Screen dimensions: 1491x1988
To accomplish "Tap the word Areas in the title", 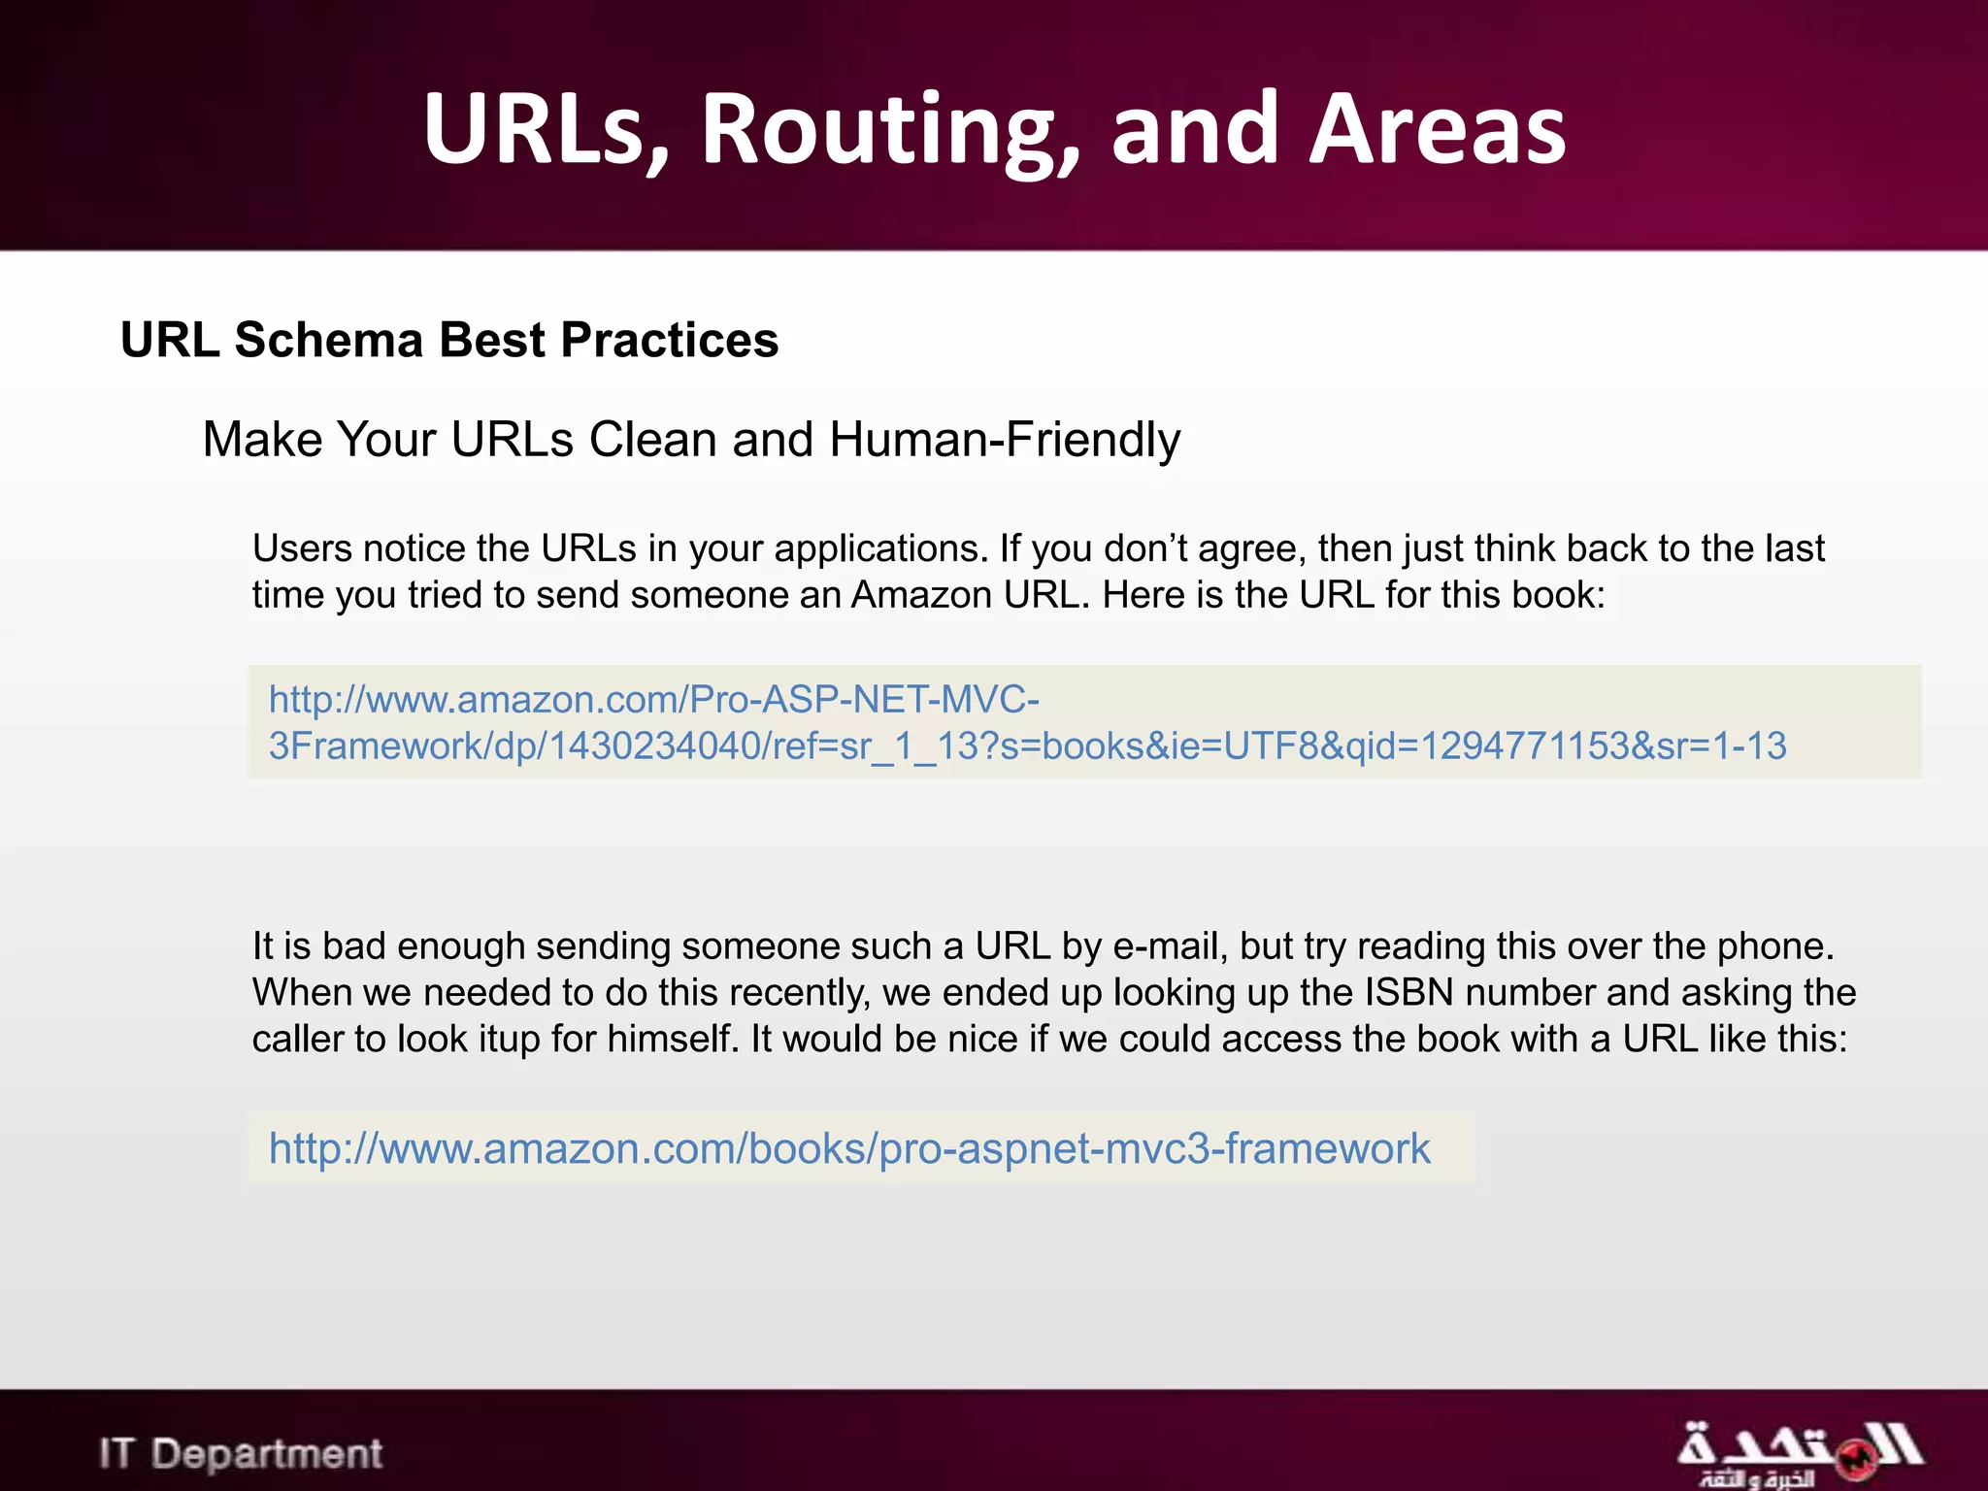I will point(1437,129).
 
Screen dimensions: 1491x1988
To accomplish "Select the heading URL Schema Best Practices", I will point(449,340).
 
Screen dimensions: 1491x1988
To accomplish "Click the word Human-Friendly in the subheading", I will point(1005,439).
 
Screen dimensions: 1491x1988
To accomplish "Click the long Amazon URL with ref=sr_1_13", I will point(1027,722).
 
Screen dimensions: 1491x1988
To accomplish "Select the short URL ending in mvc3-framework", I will point(849,1148).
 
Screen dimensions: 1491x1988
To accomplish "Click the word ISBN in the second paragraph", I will point(1409,992).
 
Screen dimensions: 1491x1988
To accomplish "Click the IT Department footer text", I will point(241,1453).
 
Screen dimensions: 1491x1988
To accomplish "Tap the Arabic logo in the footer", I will point(1799,1453).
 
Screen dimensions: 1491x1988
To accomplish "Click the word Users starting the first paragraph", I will point(302,548).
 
